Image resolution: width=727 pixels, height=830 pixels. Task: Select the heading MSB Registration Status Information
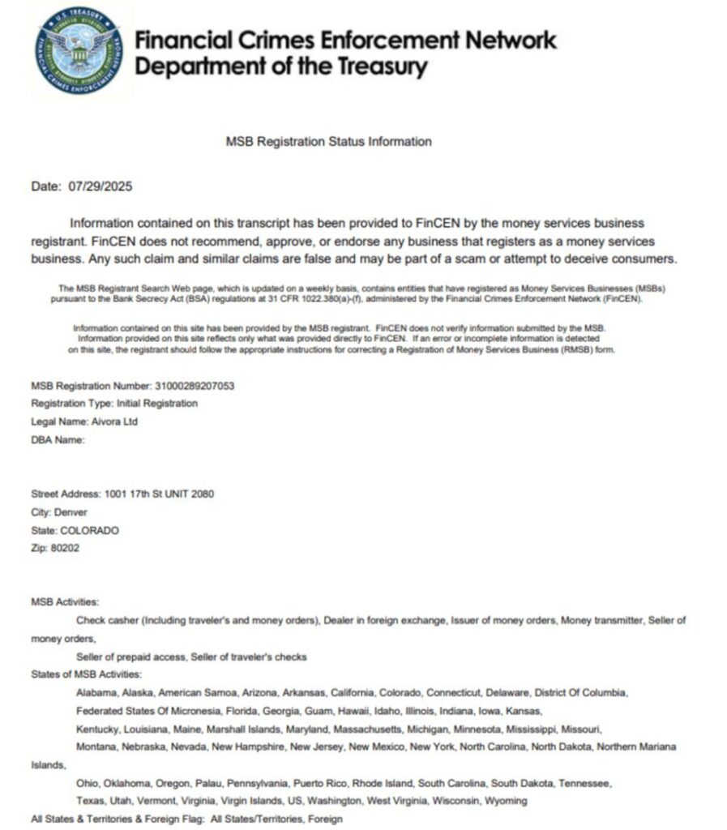tap(328, 142)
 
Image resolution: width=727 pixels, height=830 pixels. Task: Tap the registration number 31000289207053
tap(194, 386)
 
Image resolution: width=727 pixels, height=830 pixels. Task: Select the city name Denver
tap(71, 512)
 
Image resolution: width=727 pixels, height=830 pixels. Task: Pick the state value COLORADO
tap(89, 530)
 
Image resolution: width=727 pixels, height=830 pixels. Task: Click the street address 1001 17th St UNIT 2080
tap(159, 494)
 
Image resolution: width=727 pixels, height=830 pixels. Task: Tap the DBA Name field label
tap(58, 439)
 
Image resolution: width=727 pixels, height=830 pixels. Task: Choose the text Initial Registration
tap(156, 404)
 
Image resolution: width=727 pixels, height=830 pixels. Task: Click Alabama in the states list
tap(96, 693)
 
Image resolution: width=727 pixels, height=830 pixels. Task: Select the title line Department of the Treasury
tap(281, 66)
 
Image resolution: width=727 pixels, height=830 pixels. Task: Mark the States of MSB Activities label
tap(86, 674)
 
